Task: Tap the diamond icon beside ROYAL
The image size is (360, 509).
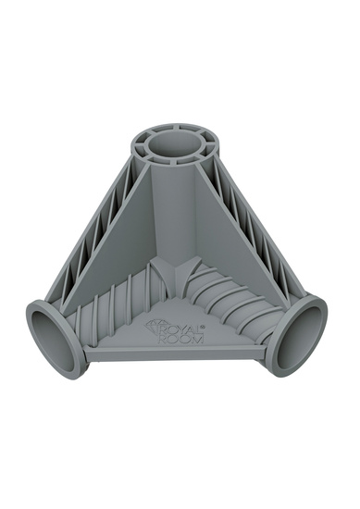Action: (155, 326)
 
